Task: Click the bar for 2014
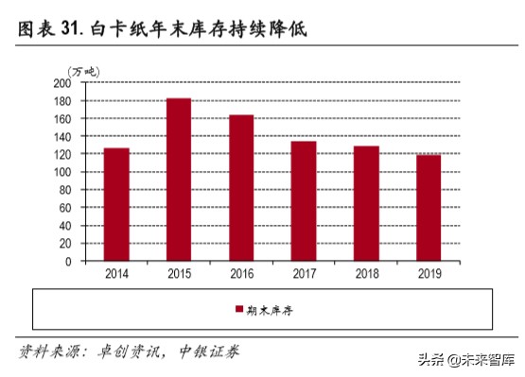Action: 116,204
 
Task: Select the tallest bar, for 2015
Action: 179,180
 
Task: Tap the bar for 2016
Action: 241,188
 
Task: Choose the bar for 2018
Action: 366,203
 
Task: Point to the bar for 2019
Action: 429,208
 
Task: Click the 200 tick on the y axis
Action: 62,82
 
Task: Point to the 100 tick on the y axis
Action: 62,172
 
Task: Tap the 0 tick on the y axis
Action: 68,261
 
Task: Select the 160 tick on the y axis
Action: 62,118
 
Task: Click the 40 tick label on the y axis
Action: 65,226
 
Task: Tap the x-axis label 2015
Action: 179,273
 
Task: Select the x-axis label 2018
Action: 366,273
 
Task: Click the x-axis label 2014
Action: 116,273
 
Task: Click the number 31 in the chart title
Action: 69,30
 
